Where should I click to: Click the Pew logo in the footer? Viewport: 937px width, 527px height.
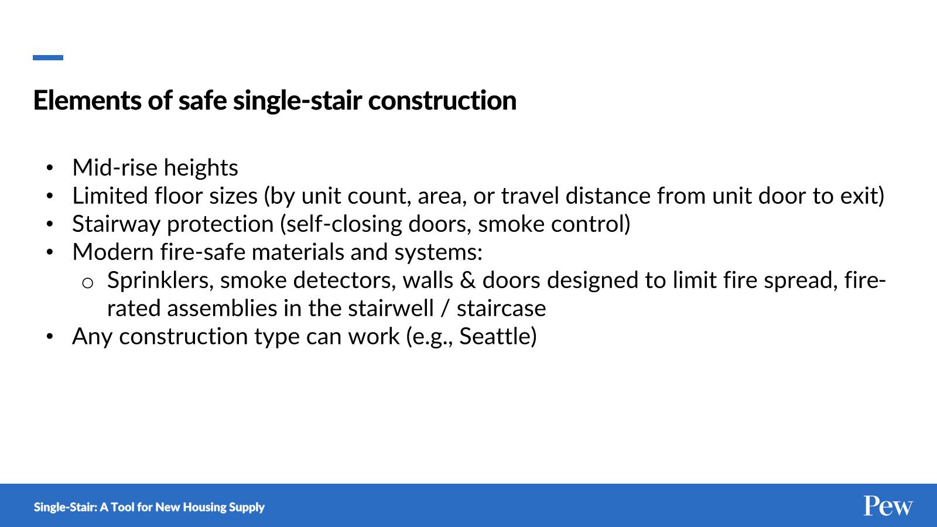coord(888,506)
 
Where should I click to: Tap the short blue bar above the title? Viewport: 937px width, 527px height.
coord(48,58)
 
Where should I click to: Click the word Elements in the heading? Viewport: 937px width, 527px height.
coord(87,100)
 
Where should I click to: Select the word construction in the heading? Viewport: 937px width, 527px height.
coord(442,101)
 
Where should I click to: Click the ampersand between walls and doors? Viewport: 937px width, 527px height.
coord(468,280)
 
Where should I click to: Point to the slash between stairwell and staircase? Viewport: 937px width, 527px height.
coord(445,309)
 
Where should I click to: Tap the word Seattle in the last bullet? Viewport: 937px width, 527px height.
coord(494,336)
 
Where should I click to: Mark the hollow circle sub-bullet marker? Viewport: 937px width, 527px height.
coord(87,283)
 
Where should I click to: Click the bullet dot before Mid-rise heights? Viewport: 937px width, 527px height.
coord(50,168)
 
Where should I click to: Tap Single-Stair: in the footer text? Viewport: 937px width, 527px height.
coord(65,507)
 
